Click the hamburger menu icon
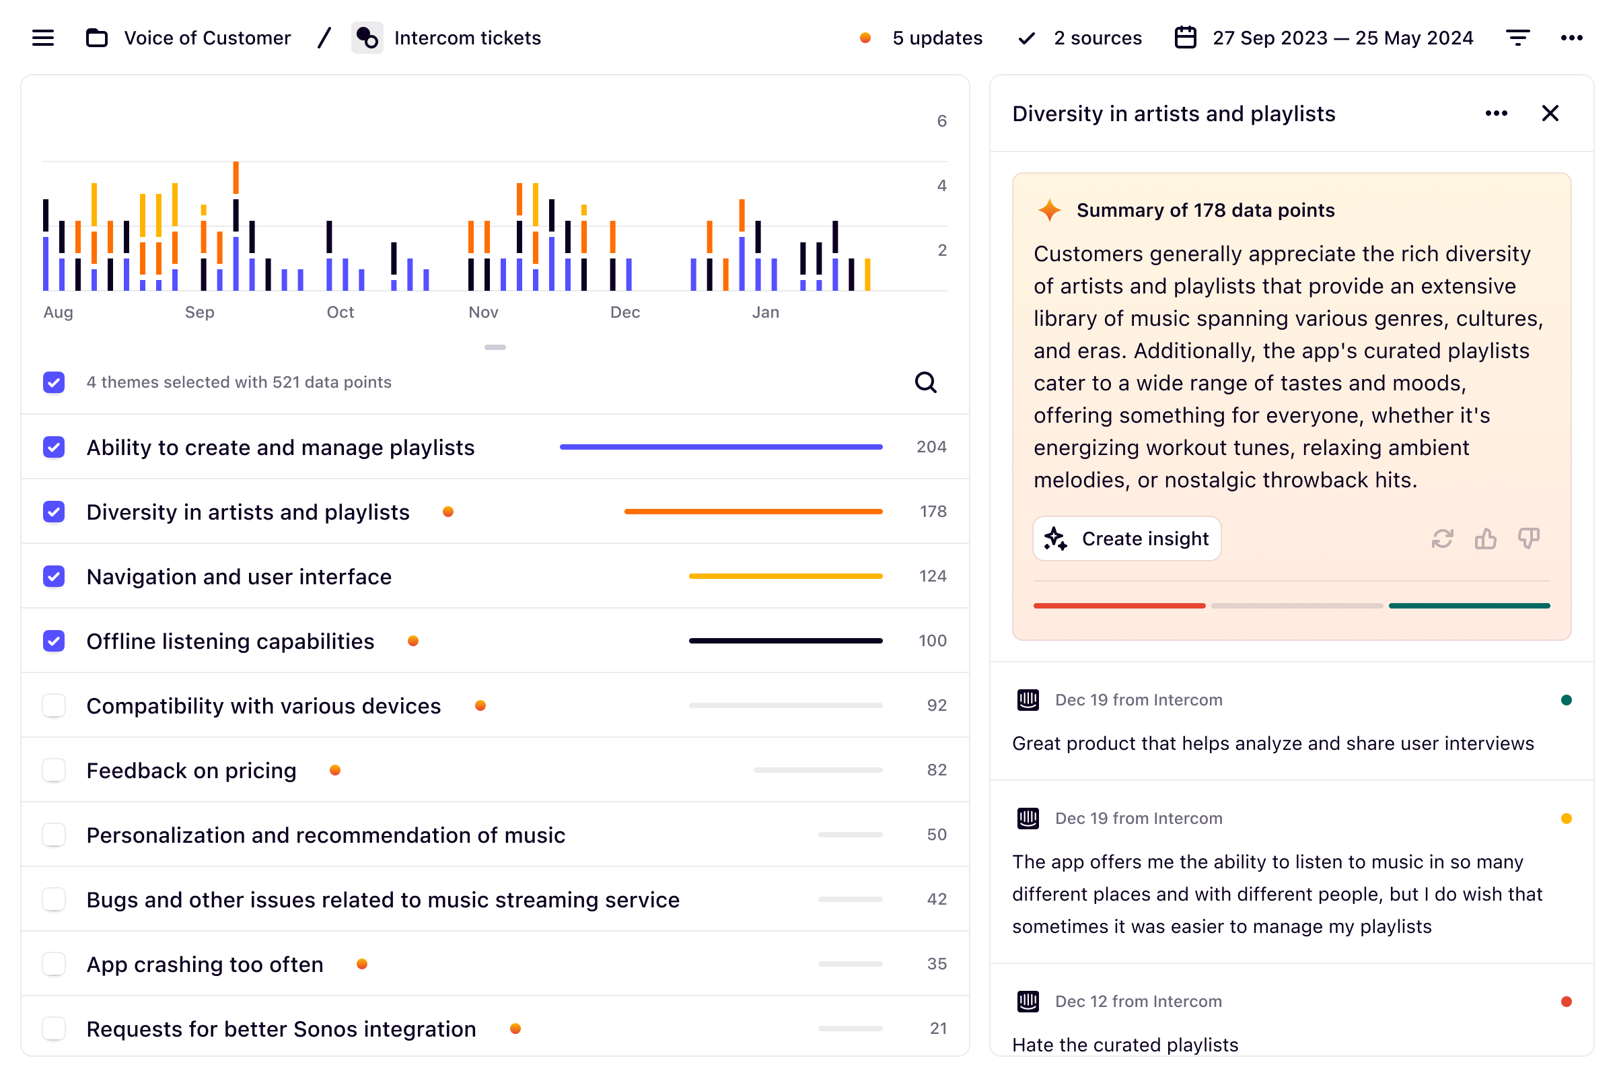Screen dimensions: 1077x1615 [x=42, y=38]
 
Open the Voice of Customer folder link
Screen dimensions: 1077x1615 [x=207, y=38]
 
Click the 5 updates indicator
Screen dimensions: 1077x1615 [x=937, y=38]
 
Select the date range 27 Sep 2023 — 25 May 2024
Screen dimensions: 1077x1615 [x=1342, y=38]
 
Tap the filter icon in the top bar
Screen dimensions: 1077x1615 [x=1517, y=38]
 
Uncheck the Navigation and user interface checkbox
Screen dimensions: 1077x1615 [x=54, y=576]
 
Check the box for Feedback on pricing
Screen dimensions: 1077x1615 [x=54, y=770]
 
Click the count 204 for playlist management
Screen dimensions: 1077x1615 [x=931, y=447]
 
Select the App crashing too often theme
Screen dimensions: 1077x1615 [x=205, y=965]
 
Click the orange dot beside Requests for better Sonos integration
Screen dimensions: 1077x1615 [x=515, y=1029]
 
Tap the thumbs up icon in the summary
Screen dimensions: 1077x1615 [x=1485, y=538]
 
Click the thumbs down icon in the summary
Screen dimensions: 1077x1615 [x=1528, y=538]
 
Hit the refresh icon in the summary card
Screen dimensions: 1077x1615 [x=1442, y=538]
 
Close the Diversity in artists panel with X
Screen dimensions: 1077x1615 [x=1550, y=113]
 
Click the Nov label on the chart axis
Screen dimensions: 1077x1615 [x=482, y=312]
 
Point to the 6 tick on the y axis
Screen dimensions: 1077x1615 [x=941, y=122]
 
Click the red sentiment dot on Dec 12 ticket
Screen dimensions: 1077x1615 [x=1566, y=1002]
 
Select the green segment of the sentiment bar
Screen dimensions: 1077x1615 [x=1469, y=606]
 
